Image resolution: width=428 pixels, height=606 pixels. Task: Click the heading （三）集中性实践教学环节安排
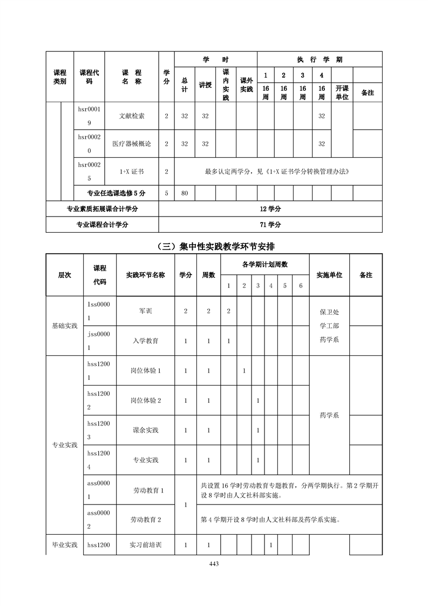pyautogui.click(x=214, y=246)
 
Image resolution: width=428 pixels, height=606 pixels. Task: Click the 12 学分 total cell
pyautogui.click(x=270, y=209)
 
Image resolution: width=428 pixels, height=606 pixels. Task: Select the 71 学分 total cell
pyautogui.click(x=270, y=225)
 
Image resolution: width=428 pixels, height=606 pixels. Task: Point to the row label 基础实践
pyautogui.click(x=65, y=326)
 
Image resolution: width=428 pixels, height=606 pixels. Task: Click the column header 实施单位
pyautogui.click(x=329, y=275)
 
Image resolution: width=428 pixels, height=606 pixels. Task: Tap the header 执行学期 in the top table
pyautogui.click(x=320, y=59)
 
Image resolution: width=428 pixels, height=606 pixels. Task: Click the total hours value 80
pyautogui.click(x=184, y=192)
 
